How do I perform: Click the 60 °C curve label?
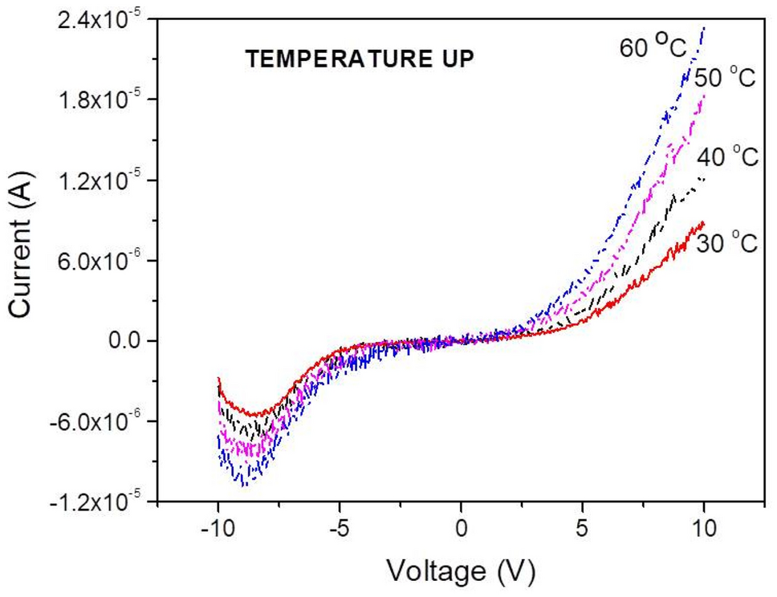click(x=653, y=47)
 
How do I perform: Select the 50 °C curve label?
click(x=726, y=79)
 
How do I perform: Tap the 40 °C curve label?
click(x=728, y=156)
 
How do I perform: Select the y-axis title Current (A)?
click(x=22, y=259)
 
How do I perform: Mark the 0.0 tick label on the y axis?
click(x=125, y=341)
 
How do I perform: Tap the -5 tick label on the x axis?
click(x=338, y=531)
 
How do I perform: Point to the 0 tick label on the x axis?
click(x=461, y=531)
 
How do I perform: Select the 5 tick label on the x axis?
click(x=583, y=531)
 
